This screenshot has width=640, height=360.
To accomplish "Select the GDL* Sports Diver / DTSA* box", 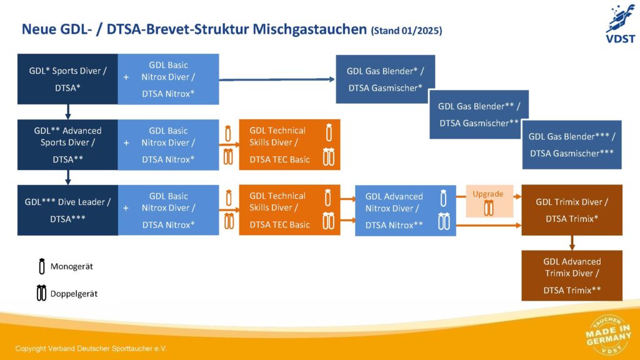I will [67, 79].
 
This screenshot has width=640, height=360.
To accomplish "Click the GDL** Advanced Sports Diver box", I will [67, 145].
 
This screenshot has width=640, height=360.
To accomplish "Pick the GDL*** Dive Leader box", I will [67, 210].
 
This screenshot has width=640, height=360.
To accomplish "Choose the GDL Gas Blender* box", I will [385, 79].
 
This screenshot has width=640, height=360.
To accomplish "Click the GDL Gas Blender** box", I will [479, 114].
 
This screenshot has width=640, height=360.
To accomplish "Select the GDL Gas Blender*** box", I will [572, 144].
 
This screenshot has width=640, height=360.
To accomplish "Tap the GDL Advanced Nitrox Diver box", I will [405, 210].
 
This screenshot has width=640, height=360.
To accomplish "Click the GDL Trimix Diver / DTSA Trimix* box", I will [572, 210].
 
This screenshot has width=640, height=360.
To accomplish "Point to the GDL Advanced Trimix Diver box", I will [572, 276].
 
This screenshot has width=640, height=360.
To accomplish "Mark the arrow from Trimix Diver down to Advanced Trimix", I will [572, 242].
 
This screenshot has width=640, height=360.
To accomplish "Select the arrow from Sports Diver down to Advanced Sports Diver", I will [67, 112].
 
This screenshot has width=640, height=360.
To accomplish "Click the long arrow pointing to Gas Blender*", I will [275, 79].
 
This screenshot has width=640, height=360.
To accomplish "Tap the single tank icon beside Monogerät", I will [42, 266].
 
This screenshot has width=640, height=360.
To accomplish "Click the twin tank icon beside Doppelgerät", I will [42, 292].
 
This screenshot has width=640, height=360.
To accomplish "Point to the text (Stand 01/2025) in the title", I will [406, 30].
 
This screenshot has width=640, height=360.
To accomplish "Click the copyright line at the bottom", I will [91, 348].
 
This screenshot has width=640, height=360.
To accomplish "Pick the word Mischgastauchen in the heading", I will [309, 29].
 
